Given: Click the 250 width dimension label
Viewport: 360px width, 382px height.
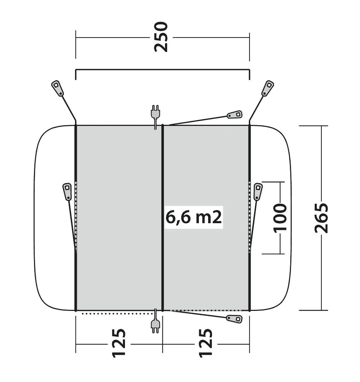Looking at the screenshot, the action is click(x=161, y=37).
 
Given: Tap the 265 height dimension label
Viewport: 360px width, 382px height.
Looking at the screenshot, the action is click(x=321, y=218).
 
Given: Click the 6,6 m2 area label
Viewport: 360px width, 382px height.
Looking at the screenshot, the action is click(x=194, y=217).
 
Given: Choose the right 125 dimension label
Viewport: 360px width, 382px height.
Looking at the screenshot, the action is click(x=206, y=343).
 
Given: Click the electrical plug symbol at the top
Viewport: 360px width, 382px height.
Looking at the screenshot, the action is click(x=155, y=115).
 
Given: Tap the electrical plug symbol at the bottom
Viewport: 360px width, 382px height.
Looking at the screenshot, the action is click(x=155, y=321).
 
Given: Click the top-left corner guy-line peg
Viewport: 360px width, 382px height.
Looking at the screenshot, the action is click(x=57, y=88).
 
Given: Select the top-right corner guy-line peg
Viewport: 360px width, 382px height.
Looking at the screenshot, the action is click(x=268, y=88).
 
